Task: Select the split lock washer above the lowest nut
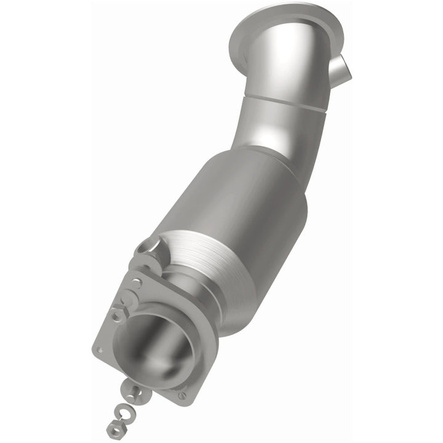point(121,408)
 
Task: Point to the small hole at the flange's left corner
point(100,350)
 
